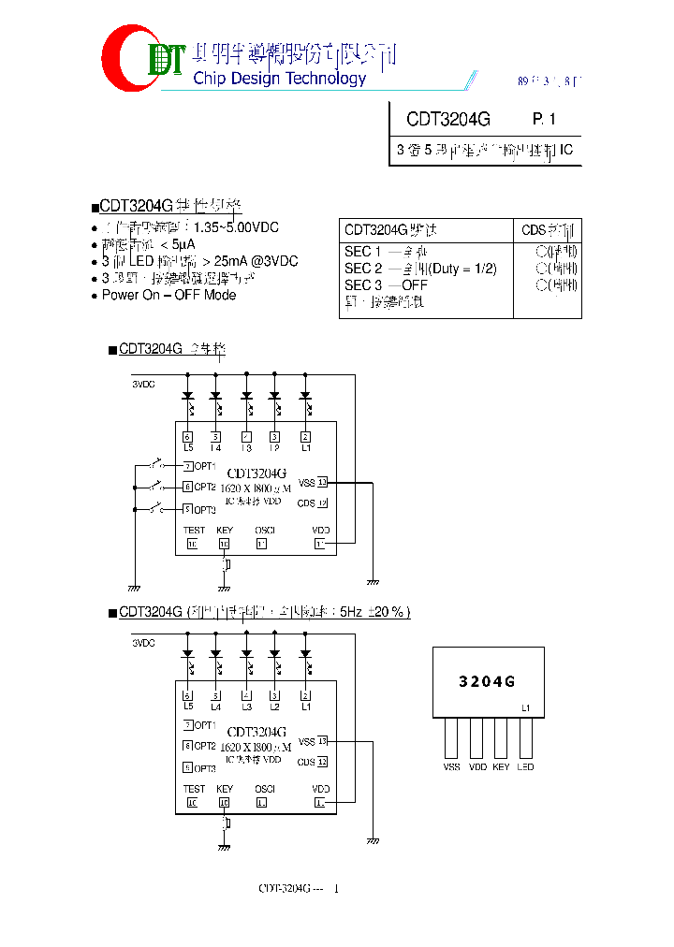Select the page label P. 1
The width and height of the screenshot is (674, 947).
pyautogui.click(x=544, y=120)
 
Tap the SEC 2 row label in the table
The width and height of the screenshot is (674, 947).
pyautogui.click(x=363, y=269)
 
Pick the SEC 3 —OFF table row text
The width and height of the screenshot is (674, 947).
pyautogui.click(x=386, y=285)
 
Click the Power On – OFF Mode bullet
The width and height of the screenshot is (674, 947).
pyautogui.click(x=168, y=295)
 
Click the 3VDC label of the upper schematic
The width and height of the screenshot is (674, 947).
pyautogui.click(x=143, y=384)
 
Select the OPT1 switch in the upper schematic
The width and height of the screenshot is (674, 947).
pyautogui.click(x=155, y=464)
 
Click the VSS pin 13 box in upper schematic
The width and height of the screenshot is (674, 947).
pyautogui.click(x=322, y=482)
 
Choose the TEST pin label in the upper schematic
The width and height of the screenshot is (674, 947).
pyautogui.click(x=193, y=530)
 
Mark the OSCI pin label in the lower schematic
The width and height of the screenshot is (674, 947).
pyautogui.click(x=264, y=790)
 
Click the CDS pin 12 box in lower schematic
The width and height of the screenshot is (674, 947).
pyautogui.click(x=322, y=763)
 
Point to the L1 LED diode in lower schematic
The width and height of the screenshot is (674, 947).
pyautogui.click(x=305, y=655)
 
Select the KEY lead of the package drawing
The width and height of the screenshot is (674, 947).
pyautogui.click(x=502, y=738)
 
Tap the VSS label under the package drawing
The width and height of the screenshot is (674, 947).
pyautogui.click(x=452, y=766)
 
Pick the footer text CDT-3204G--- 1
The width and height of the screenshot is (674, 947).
pyautogui.click(x=299, y=888)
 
